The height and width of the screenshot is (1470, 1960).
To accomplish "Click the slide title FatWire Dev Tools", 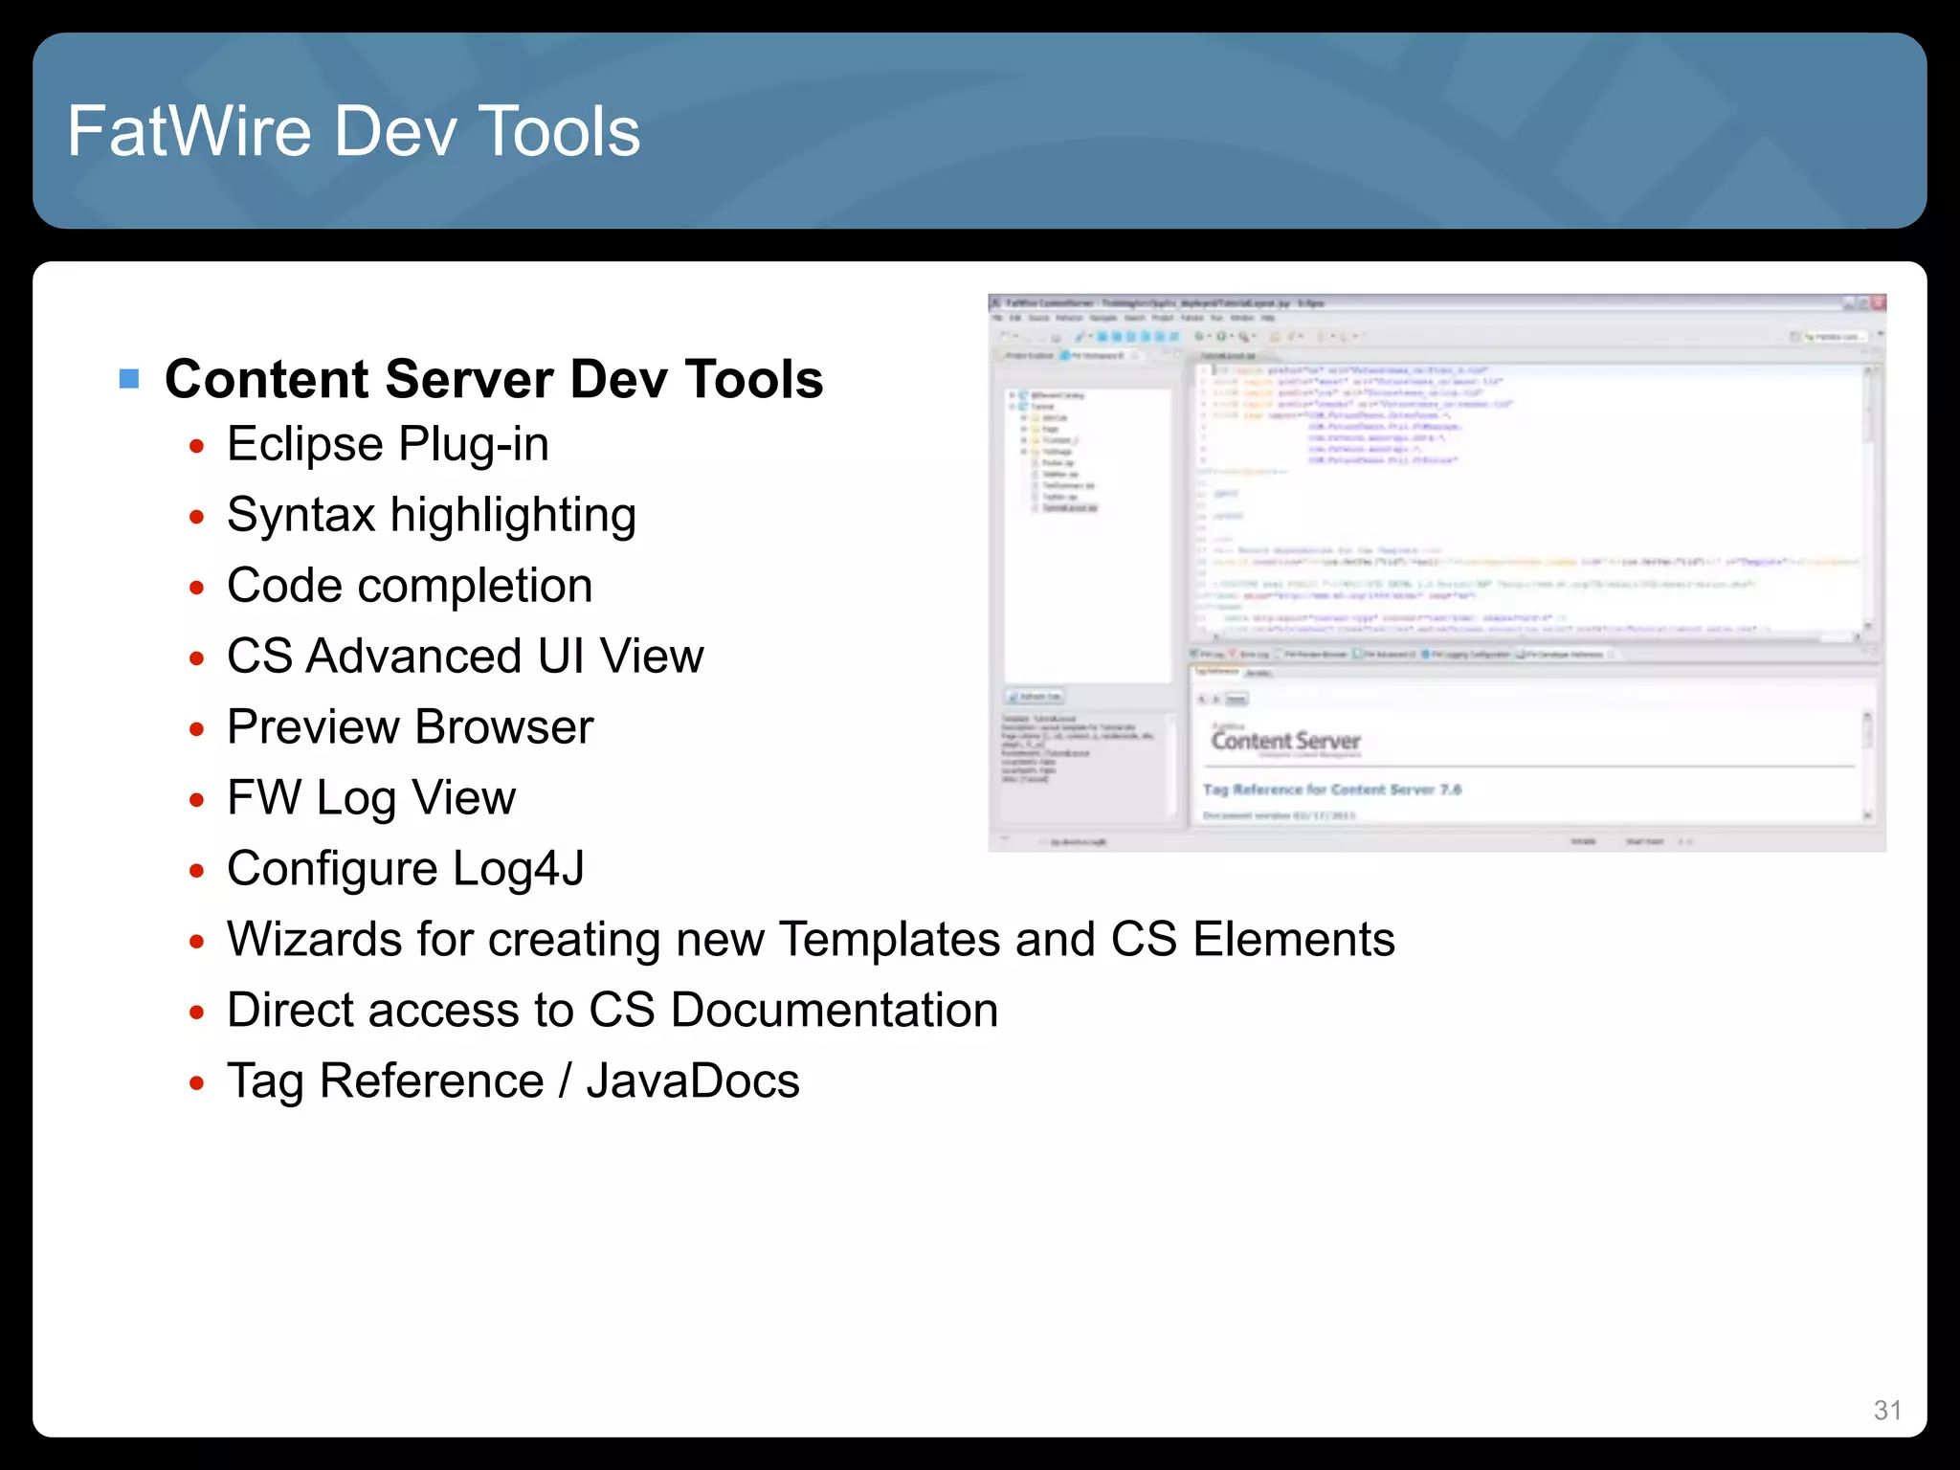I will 353,131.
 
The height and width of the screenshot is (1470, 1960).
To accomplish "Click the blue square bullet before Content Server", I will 129,379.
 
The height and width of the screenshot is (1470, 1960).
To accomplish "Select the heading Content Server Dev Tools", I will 494,379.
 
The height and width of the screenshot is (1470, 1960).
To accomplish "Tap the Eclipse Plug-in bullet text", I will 388,445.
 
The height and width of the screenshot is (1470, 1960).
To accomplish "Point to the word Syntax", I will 301,516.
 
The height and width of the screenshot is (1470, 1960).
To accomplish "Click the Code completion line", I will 410,586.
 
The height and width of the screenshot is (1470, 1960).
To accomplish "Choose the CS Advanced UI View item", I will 465,657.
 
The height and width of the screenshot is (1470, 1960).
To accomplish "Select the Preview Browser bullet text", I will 410,727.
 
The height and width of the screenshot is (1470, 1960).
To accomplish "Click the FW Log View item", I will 371,798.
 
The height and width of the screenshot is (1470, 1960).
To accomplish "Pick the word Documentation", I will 835,1011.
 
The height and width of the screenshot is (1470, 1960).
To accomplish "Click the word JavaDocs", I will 693,1081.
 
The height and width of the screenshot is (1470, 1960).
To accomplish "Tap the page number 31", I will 1887,1410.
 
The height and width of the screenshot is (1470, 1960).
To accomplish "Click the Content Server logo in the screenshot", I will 1285,742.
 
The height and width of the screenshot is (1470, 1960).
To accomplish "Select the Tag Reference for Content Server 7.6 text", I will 1331,790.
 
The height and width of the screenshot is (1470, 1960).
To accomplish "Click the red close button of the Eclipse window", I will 1878,303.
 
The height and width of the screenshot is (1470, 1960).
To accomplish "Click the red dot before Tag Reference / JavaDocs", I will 197,1083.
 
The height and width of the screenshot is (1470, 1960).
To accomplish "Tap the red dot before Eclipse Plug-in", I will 197,447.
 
